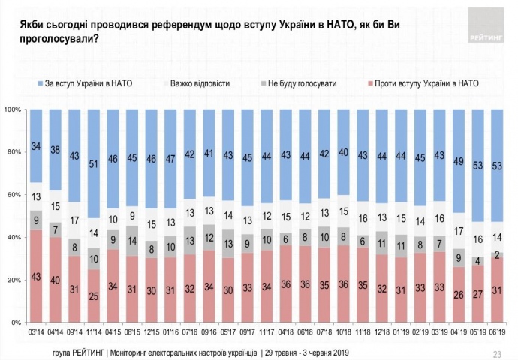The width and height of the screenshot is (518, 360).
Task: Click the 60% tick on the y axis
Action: pos(13,195)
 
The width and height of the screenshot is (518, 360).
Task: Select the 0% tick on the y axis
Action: pos(15,322)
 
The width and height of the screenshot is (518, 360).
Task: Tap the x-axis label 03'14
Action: pos(35,330)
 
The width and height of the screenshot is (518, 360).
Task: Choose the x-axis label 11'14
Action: pos(94,330)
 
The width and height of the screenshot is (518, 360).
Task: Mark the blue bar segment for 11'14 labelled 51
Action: pos(94,163)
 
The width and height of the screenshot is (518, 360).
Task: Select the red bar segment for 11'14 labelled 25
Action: pos(94,295)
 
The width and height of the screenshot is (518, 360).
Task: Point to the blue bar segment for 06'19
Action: pos(498,166)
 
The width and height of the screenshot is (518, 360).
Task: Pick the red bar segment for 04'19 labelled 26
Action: pos(458,295)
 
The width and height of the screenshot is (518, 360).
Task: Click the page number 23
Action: pos(496,352)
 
